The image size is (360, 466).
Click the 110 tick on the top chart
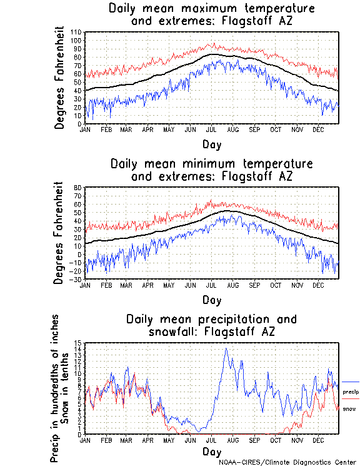pyautogui.click(x=77, y=32)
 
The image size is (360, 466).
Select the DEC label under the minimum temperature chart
pyautogui.click(x=317, y=285)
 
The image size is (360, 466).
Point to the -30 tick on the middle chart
pyautogui.click(x=77, y=280)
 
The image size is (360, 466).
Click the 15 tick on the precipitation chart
pyautogui.click(x=79, y=343)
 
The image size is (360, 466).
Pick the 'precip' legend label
pyautogui.click(x=350, y=391)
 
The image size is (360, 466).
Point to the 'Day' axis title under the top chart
pyautogui.click(x=211, y=144)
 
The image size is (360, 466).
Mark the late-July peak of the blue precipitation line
pyautogui.click(x=226, y=348)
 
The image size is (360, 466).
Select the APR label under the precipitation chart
pyautogui.click(x=148, y=441)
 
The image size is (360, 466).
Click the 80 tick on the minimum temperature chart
pyautogui.click(x=79, y=188)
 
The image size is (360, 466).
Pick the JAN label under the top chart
pyautogui.click(x=85, y=129)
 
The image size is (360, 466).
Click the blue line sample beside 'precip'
pyautogui.click(x=350, y=382)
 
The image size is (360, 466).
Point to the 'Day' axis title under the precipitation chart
pyautogui.click(x=211, y=451)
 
